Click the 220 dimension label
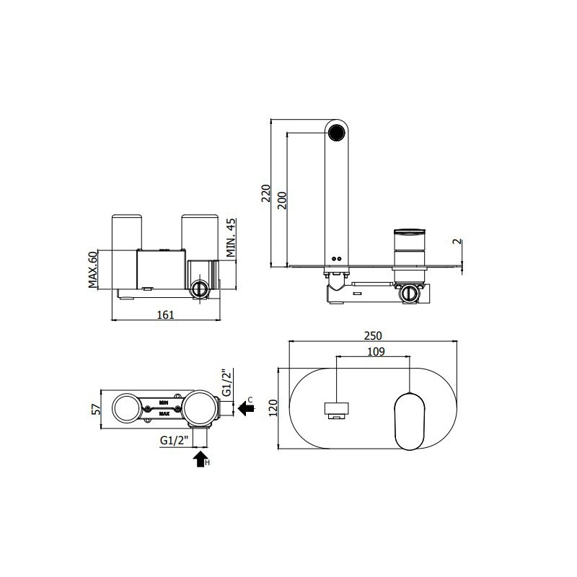tap(265, 193)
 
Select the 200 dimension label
tap(282, 201)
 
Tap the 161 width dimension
tap(166, 314)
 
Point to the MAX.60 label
tap(93, 269)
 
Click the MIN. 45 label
tap(231, 238)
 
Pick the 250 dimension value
tap(373, 335)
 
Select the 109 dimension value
tap(376, 352)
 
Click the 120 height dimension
tap(273, 408)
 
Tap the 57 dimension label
tap(96, 409)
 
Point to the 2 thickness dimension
tap(457, 241)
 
